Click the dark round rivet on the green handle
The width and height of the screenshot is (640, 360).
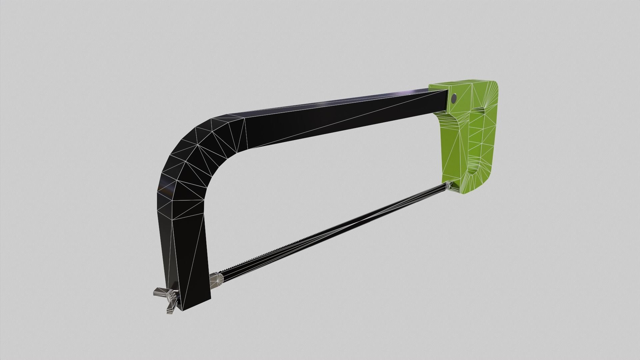click(x=454, y=98)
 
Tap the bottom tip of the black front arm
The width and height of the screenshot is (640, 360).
click(x=195, y=305)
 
